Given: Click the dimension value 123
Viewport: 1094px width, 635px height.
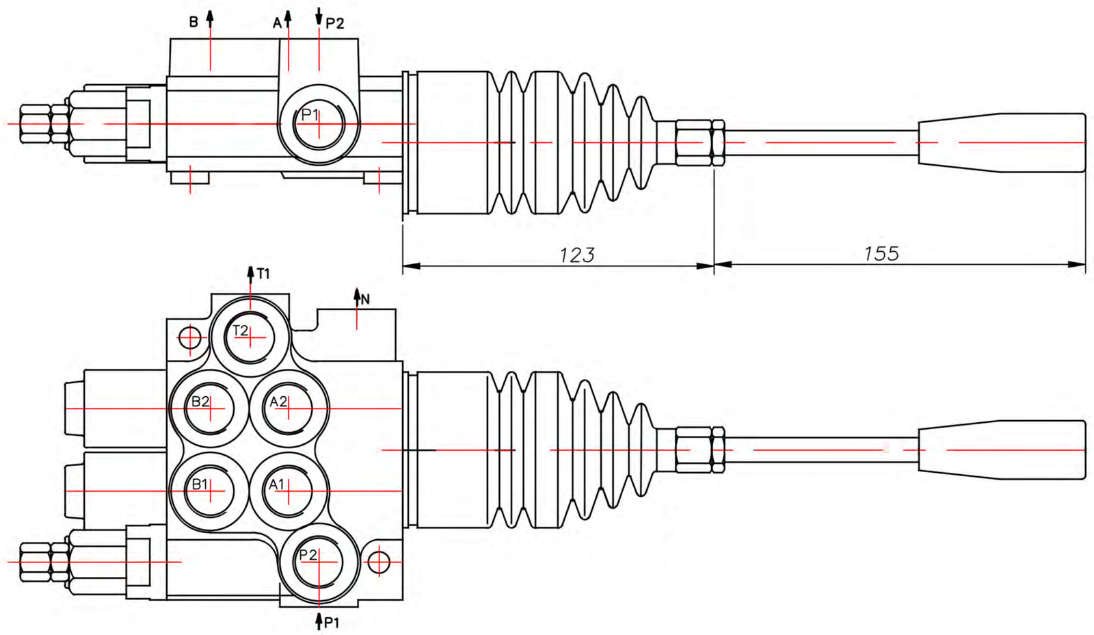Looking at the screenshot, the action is (577, 255).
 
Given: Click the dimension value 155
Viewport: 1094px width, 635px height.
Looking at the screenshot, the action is (881, 253).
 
